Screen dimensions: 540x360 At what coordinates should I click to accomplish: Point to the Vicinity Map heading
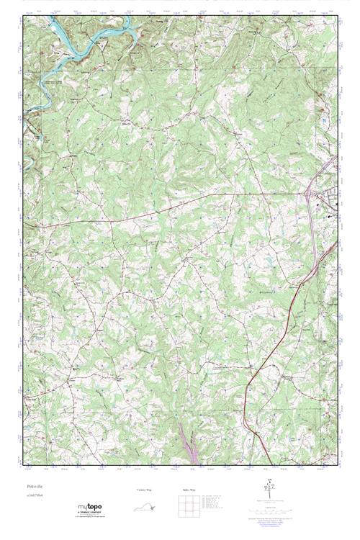(144, 490)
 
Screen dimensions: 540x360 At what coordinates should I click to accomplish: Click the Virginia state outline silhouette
(144, 506)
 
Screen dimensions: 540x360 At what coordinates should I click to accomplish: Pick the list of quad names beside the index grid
(215, 504)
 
